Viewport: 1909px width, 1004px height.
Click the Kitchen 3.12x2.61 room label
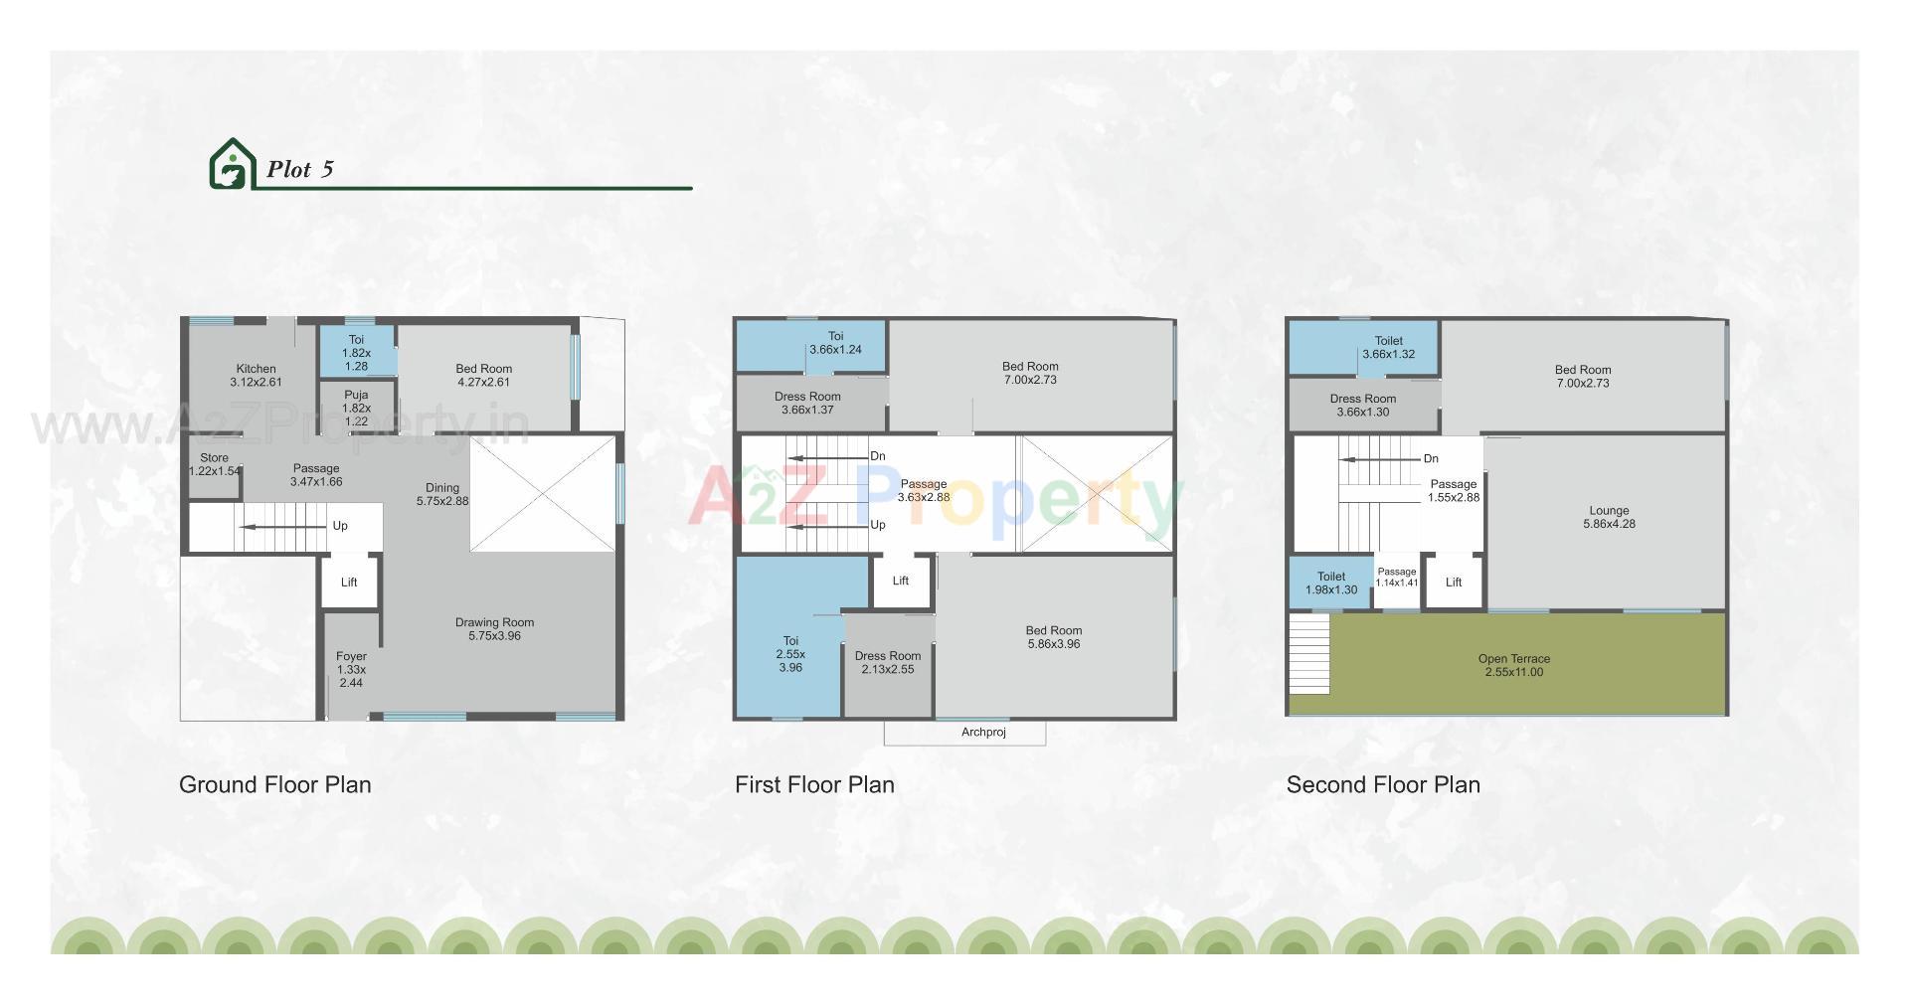coord(256,376)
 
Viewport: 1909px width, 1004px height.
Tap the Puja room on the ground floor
coord(356,408)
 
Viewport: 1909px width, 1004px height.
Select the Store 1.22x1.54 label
coord(214,464)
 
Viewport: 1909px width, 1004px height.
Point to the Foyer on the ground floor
coord(351,669)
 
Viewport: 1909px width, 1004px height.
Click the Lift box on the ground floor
coord(349,583)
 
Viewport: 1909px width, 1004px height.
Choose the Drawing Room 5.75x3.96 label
coord(494,629)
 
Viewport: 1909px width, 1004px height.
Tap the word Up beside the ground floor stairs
coord(340,526)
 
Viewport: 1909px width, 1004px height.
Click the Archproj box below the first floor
coord(983,733)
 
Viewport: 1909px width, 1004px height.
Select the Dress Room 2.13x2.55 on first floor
coord(888,662)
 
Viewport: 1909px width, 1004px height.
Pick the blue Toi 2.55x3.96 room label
coord(790,654)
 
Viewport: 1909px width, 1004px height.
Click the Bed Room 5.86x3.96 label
coord(1054,637)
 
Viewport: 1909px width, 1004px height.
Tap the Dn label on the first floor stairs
coord(878,456)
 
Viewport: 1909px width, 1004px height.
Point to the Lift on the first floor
coord(901,581)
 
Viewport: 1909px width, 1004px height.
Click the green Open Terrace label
coord(1513,665)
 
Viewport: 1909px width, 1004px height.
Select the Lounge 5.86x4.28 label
coord(1609,517)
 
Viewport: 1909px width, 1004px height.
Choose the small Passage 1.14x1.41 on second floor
coord(1397,578)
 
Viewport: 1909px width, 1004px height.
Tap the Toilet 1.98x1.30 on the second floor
coord(1331,583)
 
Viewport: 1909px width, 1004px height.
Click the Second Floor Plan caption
coord(1383,784)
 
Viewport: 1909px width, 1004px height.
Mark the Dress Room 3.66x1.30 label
coord(1363,406)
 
